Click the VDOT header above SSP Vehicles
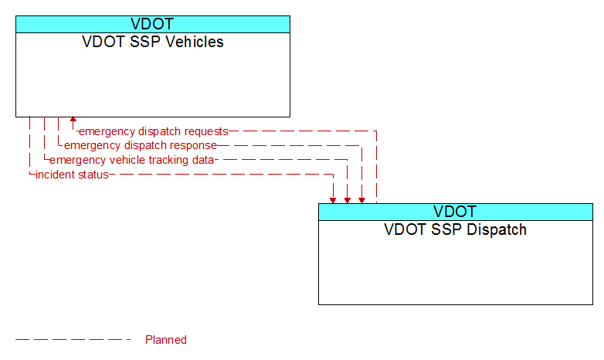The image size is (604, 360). click(152, 24)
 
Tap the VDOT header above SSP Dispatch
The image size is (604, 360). click(455, 212)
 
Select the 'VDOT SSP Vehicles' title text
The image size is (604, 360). click(152, 42)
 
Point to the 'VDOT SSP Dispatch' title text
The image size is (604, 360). click(455, 229)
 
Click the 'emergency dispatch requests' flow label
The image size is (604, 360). click(153, 131)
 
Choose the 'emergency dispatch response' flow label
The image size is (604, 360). click(141, 146)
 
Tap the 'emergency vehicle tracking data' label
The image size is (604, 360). click(131, 160)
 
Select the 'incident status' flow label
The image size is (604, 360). click(72, 175)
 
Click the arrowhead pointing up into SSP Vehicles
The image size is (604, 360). click(73, 120)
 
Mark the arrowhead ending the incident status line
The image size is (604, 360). click(333, 200)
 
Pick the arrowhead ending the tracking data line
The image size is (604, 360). click(348, 200)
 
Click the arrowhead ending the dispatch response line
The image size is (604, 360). click(361, 200)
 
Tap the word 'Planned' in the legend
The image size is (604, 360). click(166, 340)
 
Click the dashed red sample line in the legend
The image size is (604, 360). click(73, 340)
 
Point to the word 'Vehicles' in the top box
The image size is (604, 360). click(195, 42)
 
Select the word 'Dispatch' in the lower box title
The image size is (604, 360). click(497, 229)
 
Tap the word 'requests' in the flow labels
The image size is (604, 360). click(206, 131)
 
